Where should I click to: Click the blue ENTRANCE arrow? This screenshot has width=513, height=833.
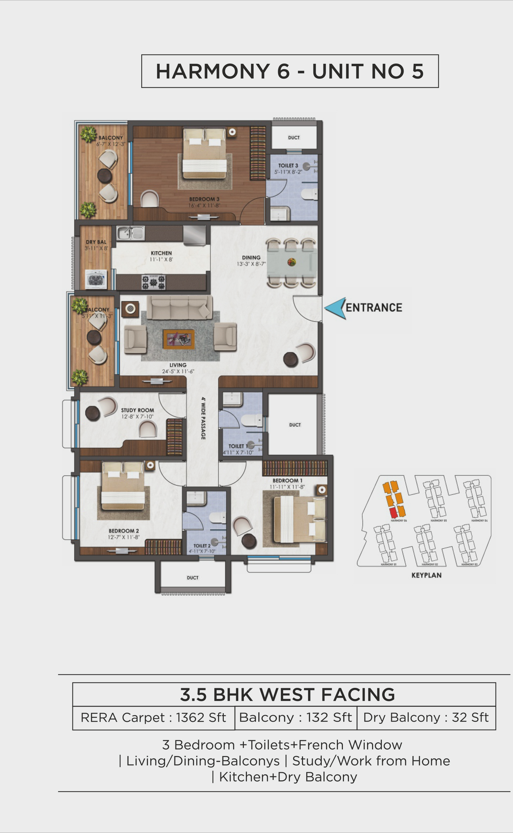[335, 308]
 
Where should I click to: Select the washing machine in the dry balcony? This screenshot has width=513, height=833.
[96, 279]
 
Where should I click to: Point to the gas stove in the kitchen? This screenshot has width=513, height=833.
[154, 282]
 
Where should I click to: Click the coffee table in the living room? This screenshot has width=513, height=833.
[179, 339]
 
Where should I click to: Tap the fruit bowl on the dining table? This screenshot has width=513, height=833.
[292, 262]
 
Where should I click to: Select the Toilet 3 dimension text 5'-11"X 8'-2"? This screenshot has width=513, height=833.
[288, 172]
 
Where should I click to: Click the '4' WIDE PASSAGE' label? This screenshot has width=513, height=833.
[203, 418]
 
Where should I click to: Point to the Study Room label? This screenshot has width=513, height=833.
[138, 410]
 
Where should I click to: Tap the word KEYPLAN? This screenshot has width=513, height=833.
[426, 575]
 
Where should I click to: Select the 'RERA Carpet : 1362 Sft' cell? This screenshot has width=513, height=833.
[153, 717]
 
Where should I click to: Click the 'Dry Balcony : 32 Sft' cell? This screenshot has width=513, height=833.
[426, 717]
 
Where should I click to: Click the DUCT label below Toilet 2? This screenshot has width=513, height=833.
[193, 578]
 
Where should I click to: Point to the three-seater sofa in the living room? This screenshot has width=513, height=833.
[179, 307]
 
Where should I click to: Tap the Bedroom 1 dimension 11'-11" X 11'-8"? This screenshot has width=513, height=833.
[287, 487]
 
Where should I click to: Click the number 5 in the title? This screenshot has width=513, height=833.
[418, 71]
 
